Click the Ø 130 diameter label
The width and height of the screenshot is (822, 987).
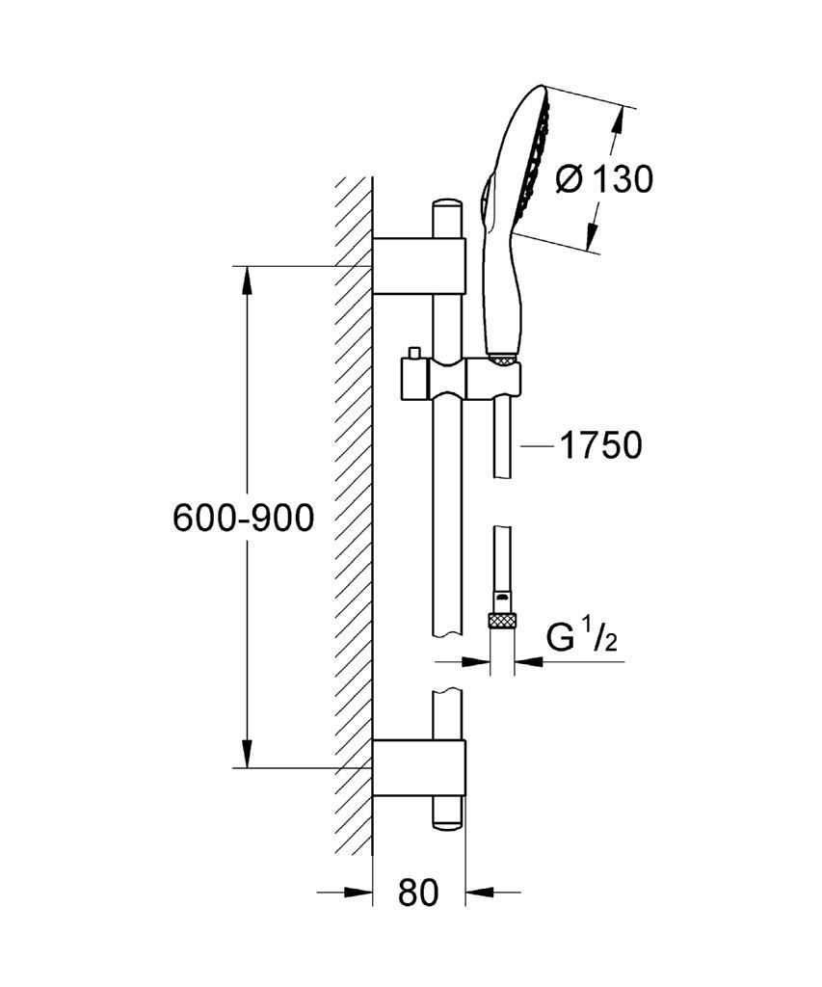pos(605,178)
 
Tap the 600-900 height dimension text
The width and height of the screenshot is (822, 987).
pos(243,519)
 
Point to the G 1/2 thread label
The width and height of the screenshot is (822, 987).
pos(582,638)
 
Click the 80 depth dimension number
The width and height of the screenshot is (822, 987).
pos(418,893)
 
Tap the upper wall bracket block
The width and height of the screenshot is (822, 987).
pos(418,265)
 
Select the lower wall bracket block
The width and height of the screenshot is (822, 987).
pos(418,768)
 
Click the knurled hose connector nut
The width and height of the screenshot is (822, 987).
pos(501,620)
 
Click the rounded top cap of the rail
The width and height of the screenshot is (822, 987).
pos(447,205)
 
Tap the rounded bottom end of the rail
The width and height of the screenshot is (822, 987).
pos(447,822)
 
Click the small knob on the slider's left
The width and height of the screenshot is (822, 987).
pos(413,353)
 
